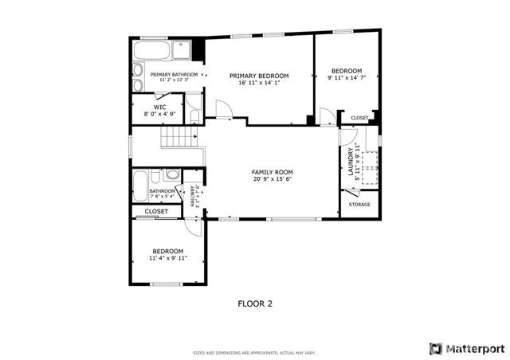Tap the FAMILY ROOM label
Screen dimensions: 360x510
tap(273, 172)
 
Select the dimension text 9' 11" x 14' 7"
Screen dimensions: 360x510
tap(347, 78)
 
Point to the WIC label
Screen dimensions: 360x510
tap(159, 107)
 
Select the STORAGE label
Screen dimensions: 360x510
tap(359, 205)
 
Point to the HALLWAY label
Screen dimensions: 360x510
tap(192, 196)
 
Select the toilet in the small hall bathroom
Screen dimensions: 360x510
tap(171, 175)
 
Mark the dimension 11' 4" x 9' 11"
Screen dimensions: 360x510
tap(168, 258)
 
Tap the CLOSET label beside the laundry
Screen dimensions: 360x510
tap(359, 118)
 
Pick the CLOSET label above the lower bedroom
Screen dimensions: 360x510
tap(156, 211)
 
